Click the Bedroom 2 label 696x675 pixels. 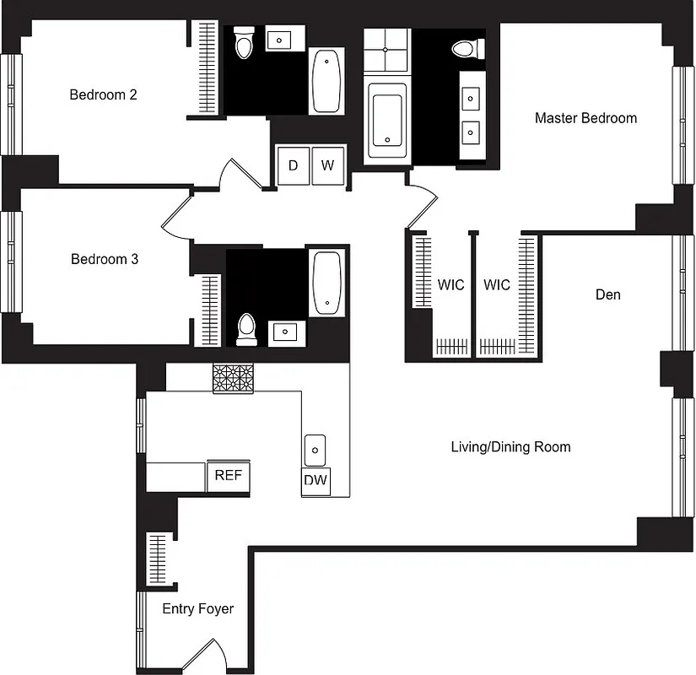coord(103,94)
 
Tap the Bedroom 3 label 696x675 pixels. coord(104,259)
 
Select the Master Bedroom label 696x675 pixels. coord(585,118)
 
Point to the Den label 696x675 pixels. coord(607,294)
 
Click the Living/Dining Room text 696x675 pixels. coord(510,447)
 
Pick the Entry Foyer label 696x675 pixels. coord(197,608)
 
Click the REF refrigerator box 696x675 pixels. coord(228,476)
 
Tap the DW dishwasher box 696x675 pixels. coord(316,481)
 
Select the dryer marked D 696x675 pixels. coord(293,165)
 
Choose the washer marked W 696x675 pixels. coord(327,165)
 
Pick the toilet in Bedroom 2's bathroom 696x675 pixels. coord(245,43)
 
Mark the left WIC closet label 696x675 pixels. coord(451,285)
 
